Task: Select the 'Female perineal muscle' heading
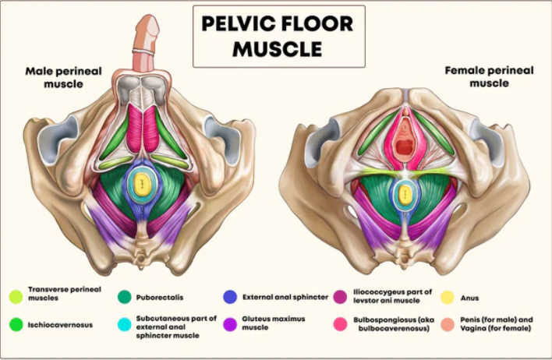[x=489, y=76]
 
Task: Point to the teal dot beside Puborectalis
[x=124, y=297]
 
